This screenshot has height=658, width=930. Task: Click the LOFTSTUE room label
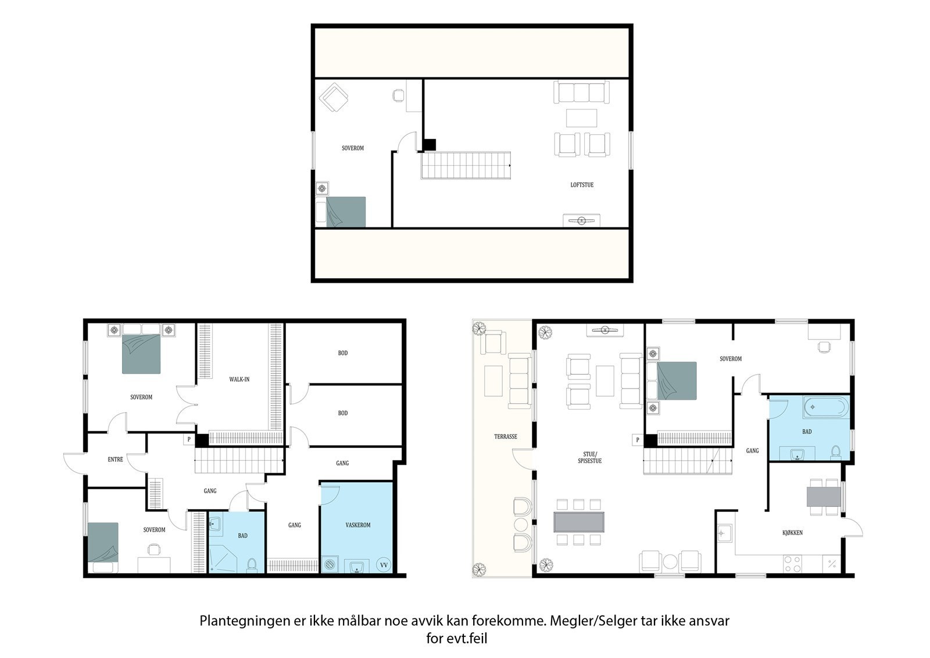[x=582, y=185]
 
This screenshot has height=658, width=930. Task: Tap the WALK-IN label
[x=239, y=379]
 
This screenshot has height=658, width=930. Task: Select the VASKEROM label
[x=358, y=525]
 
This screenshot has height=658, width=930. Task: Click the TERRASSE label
[x=505, y=436]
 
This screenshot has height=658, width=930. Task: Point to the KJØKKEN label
[x=792, y=532]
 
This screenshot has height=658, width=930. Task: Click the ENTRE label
[x=115, y=459]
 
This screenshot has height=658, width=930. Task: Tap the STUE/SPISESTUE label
[x=589, y=457]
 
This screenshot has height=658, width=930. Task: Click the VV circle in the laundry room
[x=384, y=565]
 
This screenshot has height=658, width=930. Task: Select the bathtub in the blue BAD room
[x=826, y=407]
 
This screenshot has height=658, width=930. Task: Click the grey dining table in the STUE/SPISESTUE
[x=579, y=522]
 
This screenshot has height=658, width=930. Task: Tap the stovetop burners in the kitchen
[x=792, y=564]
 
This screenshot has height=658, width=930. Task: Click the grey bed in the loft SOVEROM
[x=345, y=212]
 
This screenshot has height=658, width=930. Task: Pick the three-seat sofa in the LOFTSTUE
[x=581, y=92]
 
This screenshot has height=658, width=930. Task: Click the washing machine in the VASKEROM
[x=330, y=565]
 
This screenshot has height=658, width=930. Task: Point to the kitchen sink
[x=725, y=533]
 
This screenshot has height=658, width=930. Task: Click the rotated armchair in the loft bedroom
[x=334, y=98]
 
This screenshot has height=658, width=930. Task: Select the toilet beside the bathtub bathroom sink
[x=836, y=451]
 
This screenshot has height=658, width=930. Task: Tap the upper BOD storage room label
[x=342, y=353]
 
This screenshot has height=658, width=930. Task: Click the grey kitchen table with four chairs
[x=824, y=497]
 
